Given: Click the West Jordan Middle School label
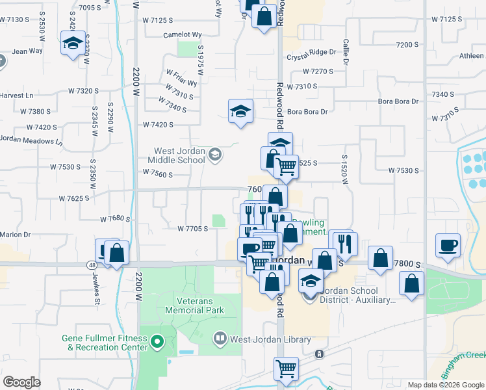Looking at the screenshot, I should pyautogui.click(x=175, y=155).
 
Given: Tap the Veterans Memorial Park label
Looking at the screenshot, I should pyautogui.click(x=200, y=305).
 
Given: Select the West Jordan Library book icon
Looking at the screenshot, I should pyautogui.click(x=220, y=338).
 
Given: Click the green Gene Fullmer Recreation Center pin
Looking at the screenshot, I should pyautogui.click(x=156, y=341).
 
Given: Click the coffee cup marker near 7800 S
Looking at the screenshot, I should pyautogui.click(x=448, y=246).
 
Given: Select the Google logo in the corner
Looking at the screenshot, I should pyautogui.click(x=21, y=382).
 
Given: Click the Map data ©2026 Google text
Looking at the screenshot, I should pyautogui.click(x=446, y=385).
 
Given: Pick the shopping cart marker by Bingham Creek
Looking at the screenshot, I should pyautogui.click(x=286, y=369).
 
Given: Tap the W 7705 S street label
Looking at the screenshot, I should pyautogui.click(x=192, y=228).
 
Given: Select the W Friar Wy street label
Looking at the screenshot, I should pyautogui.click(x=181, y=78).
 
